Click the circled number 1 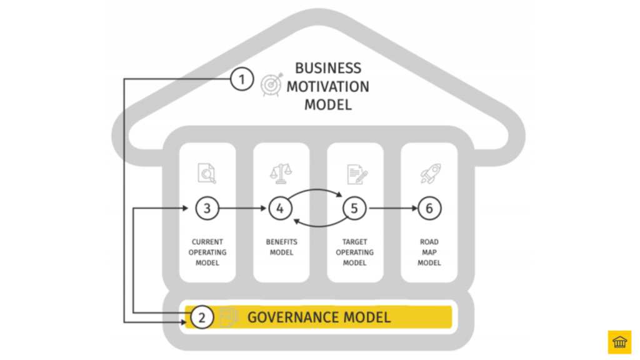pyautogui.click(x=242, y=79)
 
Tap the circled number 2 pyautogui.click(x=201, y=317)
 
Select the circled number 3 pyautogui.click(x=207, y=209)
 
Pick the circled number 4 pyautogui.click(x=281, y=209)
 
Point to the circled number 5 pyautogui.click(x=354, y=209)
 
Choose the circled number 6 pyautogui.click(x=429, y=209)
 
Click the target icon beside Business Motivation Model pyautogui.click(x=272, y=84)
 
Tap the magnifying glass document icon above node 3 pyautogui.click(x=207, y=172)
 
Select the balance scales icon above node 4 pyautogui.click(x=281, y=172)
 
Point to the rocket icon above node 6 pyautogui.click(x=429, y=172)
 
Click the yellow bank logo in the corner pyautogui.click(x=619, y=342)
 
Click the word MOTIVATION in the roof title pyautogui.click(x=327, y=87)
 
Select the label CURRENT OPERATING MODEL pyautogui.click(x=207, y=252)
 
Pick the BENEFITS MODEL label pyautogui.click(x=281, y=247)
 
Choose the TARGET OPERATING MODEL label pyautogui.click(x=355, y=252)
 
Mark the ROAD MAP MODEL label pyautogui.click(x=429, y=252)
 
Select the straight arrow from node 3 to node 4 pyautogui.click(x=244, y=209)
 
